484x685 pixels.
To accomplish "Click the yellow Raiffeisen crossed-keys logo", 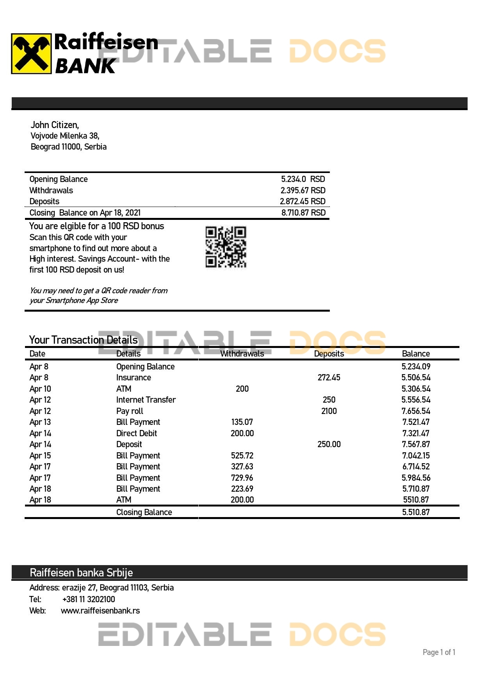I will click(31, 54).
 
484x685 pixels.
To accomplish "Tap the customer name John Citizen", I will click(55, 125).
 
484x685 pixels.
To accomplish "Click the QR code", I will click(226, 247).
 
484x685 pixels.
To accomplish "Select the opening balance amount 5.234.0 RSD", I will click(303, 179).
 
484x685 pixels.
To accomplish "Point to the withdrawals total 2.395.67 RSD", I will click(303, 191).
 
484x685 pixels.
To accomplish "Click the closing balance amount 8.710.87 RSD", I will click(303, 213).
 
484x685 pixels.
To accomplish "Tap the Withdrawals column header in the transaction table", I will click(242, 354).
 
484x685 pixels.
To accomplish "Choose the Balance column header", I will click(416, 354).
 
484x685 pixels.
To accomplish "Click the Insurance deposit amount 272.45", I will click(329, 378).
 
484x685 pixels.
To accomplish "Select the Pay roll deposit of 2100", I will click(329, 411).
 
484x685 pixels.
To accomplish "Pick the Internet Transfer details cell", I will click(146, 400).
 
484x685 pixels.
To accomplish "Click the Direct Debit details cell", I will click(137, 433).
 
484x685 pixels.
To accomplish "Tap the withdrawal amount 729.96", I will click(242, 478).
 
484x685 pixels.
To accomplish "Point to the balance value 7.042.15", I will click(416, 456).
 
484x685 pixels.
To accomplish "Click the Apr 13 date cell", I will click(40, 422).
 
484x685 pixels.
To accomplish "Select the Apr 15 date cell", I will click(40, 456).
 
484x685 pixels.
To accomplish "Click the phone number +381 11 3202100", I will click(89, 599).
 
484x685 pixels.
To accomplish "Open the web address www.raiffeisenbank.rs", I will click(100, 611).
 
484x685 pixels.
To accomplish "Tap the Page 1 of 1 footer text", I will click(439, 652).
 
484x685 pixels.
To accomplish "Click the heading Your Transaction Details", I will click(83, 340).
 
